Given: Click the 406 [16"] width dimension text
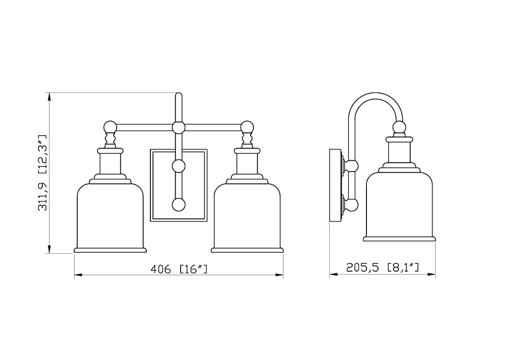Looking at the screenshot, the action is [179, 269].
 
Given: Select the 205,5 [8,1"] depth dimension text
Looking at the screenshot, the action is [382, 267].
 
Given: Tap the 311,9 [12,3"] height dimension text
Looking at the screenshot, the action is [43, 173].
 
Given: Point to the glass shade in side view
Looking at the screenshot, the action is [399, 206].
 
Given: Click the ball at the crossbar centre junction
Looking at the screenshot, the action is [178, 127].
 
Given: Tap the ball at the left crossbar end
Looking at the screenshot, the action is [110, 127].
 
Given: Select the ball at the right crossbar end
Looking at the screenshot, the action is [247, 127].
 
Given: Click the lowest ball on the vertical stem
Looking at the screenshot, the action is [178, 205].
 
